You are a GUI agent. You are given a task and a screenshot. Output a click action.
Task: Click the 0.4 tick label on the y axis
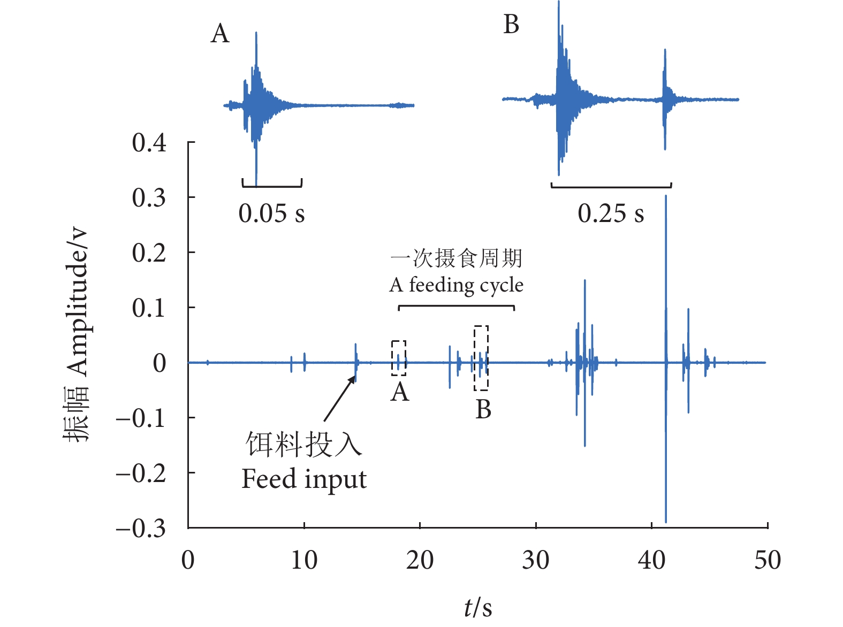149,143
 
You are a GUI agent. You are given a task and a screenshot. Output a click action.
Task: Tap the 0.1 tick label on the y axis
149,308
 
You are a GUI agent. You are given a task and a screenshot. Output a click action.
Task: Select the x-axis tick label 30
536,560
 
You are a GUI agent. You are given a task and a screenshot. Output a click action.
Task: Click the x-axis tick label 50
768,560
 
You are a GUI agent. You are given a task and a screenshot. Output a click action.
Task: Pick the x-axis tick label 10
304,560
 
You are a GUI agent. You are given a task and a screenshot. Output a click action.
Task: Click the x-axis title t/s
477,607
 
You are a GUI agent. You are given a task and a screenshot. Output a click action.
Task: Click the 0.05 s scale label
271,213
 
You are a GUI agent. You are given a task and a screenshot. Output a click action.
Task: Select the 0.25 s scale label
611,213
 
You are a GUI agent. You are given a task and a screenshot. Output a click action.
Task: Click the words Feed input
304,479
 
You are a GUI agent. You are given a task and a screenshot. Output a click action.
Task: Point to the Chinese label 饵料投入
304,445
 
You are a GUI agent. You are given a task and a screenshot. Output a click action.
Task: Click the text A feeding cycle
456,285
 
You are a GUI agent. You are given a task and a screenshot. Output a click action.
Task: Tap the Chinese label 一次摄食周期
456,258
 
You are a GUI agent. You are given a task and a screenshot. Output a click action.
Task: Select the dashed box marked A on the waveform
399,358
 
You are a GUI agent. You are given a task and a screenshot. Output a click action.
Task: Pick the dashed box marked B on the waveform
481,358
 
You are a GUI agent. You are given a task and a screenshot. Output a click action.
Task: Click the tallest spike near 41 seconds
666,267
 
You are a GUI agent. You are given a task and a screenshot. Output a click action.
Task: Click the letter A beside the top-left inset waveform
220,34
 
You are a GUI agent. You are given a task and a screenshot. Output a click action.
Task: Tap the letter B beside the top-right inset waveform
511,25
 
